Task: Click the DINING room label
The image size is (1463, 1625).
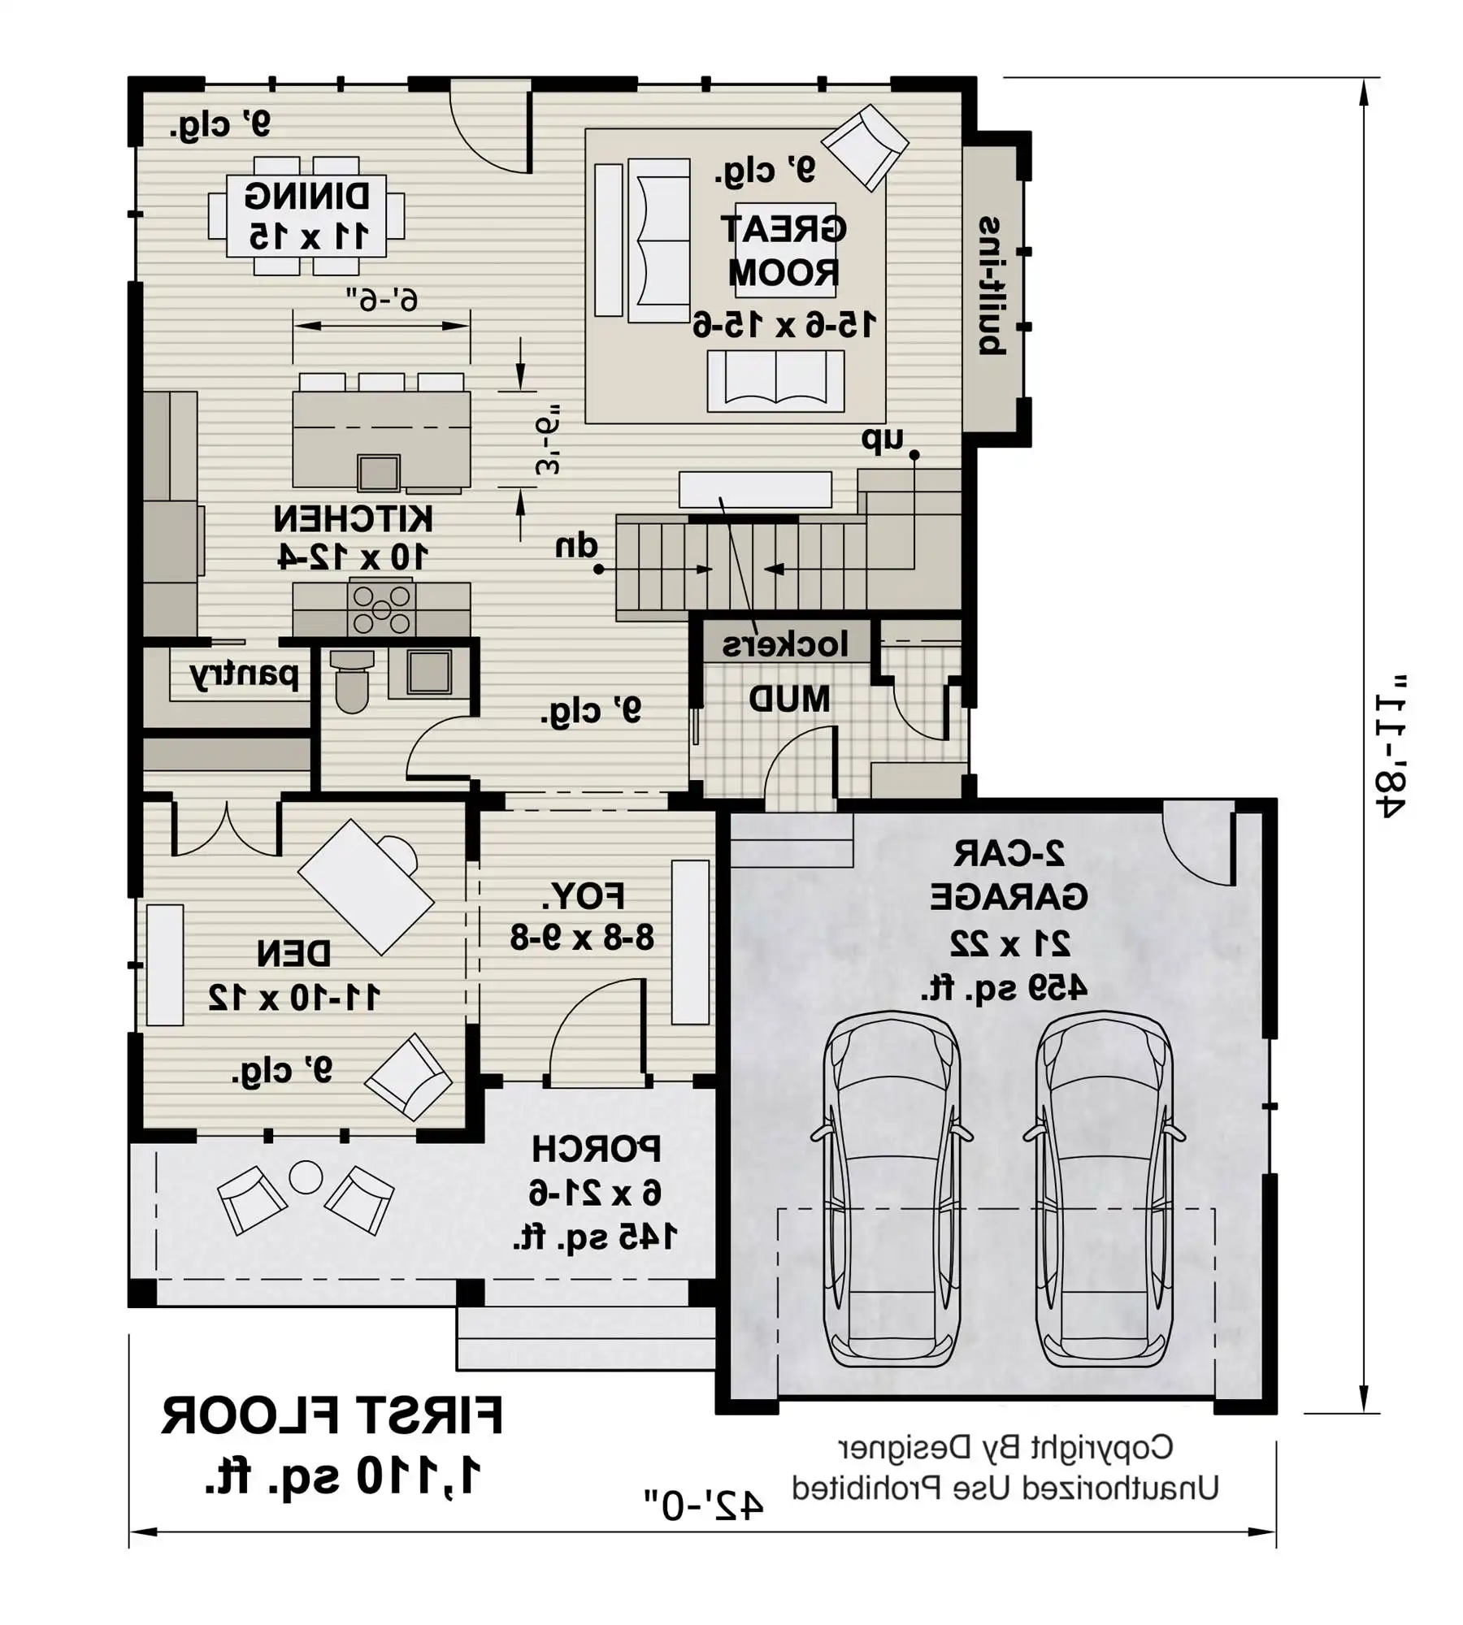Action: click(x=307, y=196)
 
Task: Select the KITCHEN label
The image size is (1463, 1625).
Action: click(x=353, y=518)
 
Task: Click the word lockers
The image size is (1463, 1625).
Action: click(x=785, y=644)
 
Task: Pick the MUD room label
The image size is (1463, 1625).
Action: click(x=788, y=699)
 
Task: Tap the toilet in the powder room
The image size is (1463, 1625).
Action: click(x=352, y=681)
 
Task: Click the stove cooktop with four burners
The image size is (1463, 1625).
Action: click(x=381, y=609)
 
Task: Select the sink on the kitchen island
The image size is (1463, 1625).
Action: click(x=379, y=473)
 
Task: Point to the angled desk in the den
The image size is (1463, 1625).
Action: click(x=366, y=886)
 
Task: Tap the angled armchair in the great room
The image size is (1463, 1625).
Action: click(x=865, y=147)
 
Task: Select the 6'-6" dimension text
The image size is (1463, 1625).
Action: click(x=382, y=300)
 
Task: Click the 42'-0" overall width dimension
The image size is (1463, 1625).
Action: click(x=704, y=1506)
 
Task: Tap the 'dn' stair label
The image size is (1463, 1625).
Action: click(x=576, y=545)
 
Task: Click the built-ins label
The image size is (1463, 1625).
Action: click(x=992, y=286)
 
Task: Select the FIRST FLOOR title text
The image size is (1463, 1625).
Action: click(x=332, y=1416)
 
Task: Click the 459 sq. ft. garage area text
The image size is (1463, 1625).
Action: click(x=1005, y=988)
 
